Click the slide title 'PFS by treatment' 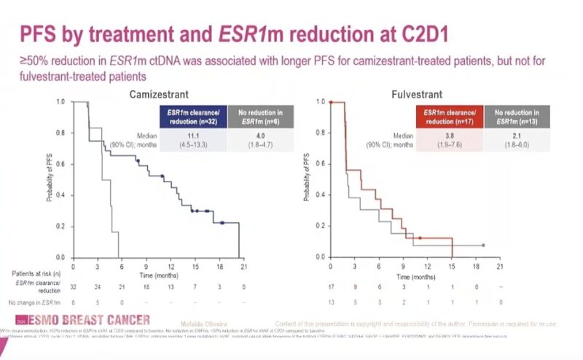click(x=109, y=34)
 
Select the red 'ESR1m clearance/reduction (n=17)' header click(x=451, y=116)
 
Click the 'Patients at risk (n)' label click(x=34, y=273)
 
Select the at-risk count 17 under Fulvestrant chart click(x=332, y=287)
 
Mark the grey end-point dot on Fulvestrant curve click(x=483, y=246)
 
